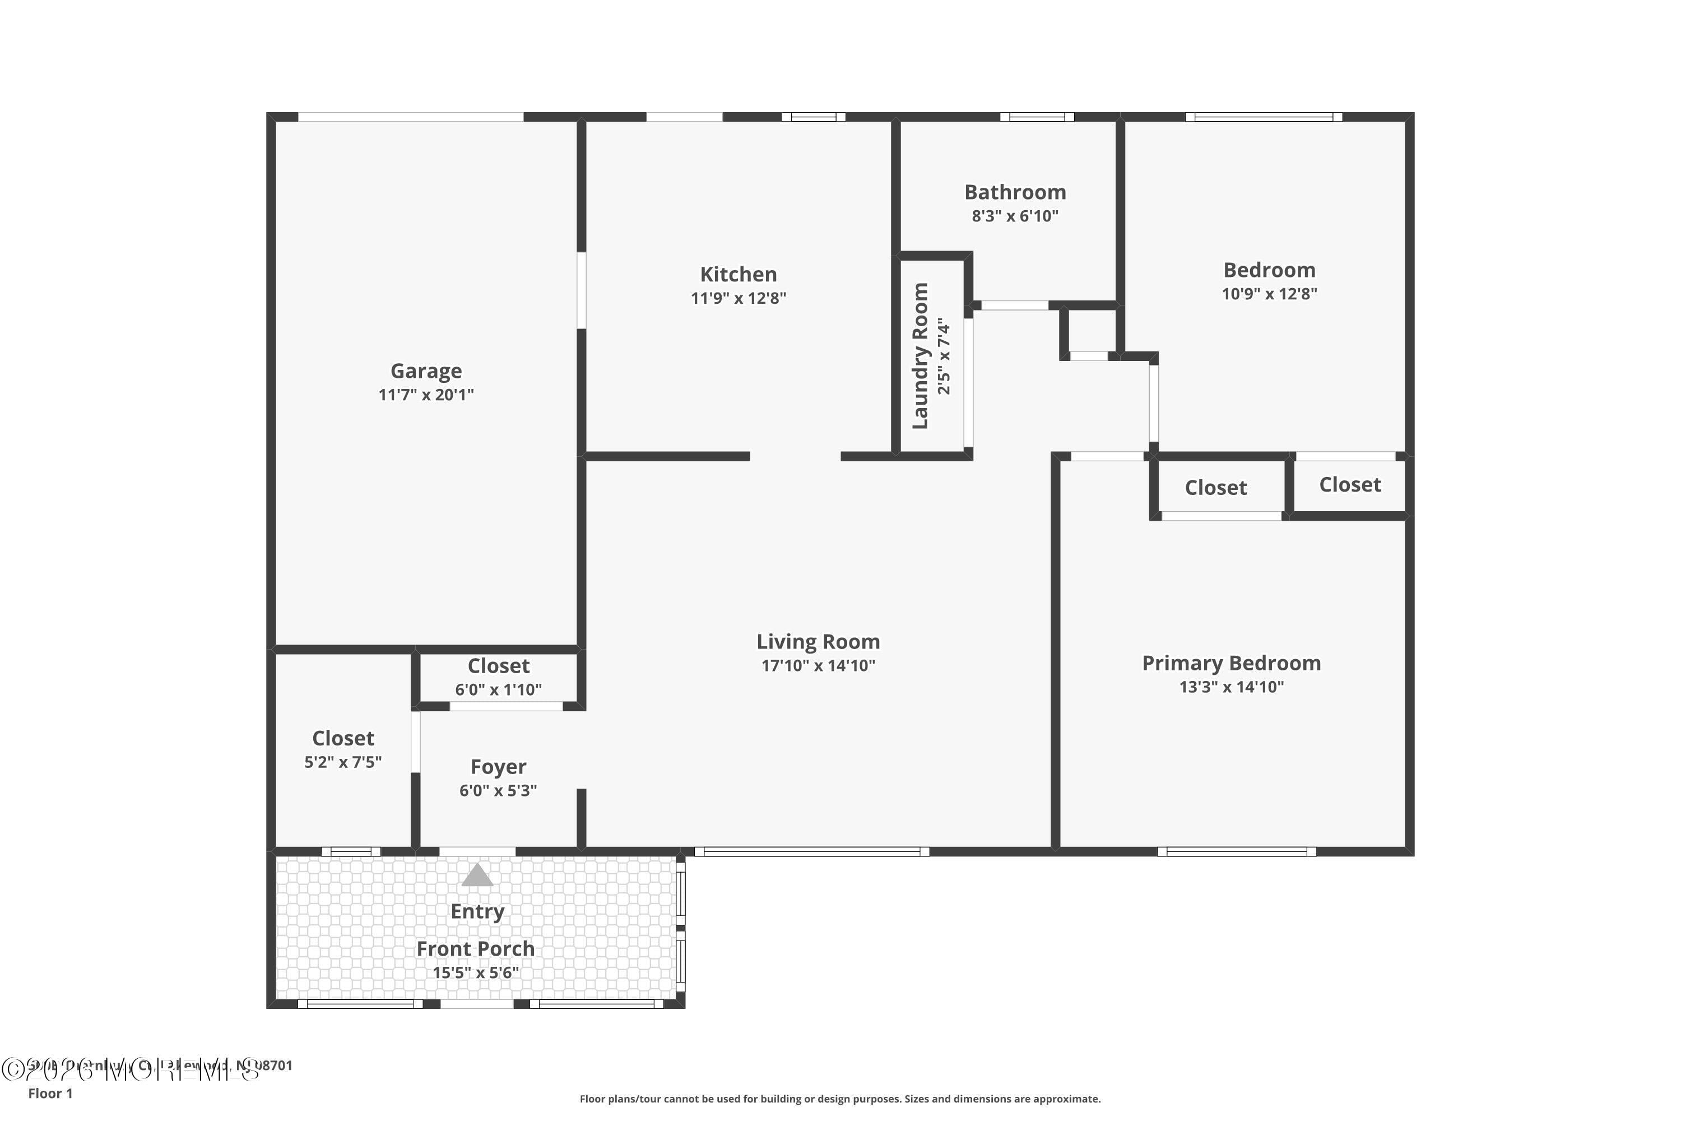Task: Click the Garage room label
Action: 426,370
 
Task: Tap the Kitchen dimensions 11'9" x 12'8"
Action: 739,298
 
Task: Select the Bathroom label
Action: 1015,192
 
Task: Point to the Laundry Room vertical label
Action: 921,355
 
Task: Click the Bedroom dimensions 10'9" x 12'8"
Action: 1269,294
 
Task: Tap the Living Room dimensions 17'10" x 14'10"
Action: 818,666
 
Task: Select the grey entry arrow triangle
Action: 477,875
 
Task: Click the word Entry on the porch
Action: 477,911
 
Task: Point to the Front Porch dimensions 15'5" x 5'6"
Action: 475,972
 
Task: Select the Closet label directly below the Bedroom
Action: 1216,488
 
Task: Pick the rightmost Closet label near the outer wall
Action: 1349,485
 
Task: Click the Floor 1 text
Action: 50,1093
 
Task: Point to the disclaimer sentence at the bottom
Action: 840,1099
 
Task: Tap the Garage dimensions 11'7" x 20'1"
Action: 426,395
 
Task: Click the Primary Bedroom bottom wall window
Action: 1237,851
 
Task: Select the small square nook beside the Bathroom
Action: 1089,331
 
